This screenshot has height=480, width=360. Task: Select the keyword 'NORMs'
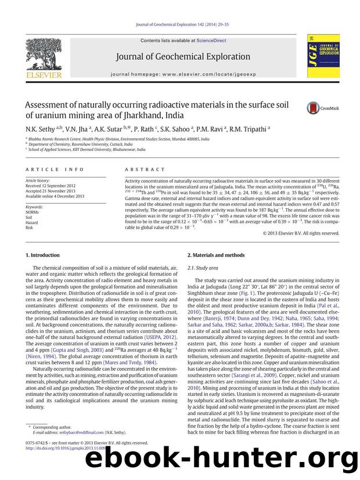tap(34, 212)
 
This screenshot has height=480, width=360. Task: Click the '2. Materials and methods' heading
tap(216, 255)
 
